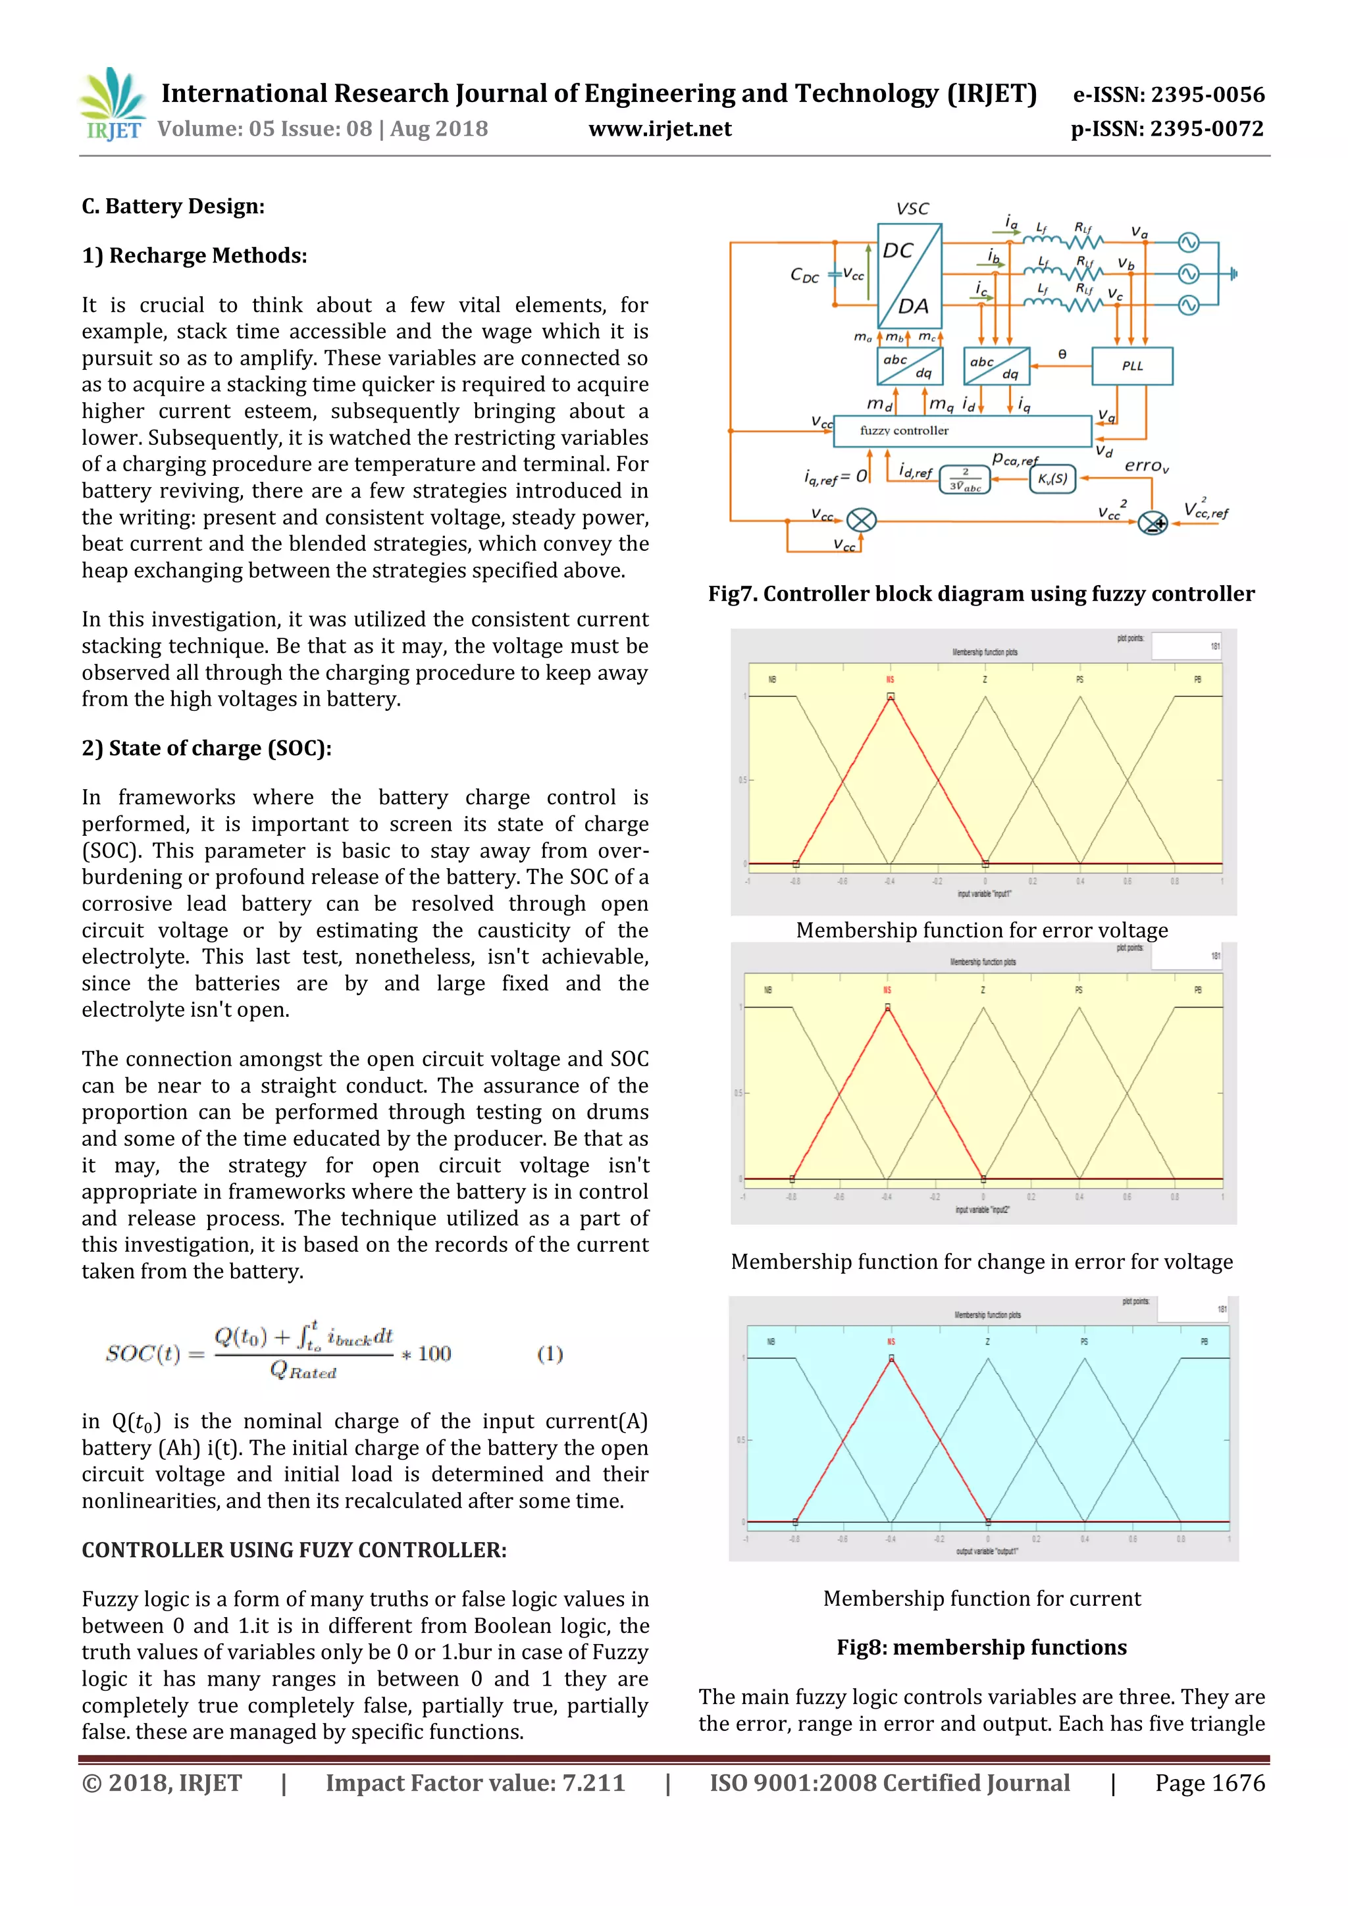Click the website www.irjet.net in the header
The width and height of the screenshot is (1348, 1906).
tap(660, 129)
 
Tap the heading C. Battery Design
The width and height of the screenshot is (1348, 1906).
tap(172, 206)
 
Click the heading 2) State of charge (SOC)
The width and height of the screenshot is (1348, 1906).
tap(206, 748)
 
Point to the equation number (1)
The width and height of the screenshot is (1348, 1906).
tap(550, 1354)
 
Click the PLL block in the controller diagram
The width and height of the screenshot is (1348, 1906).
tap(1131, 366)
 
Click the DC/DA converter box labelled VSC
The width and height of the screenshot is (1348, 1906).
tap(909, 276)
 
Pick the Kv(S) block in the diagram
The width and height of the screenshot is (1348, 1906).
tap(1052, 479)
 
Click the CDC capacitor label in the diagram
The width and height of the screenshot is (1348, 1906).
tap(804, 274)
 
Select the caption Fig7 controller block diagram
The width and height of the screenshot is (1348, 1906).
tap(980, 594)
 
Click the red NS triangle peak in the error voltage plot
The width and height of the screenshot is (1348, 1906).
tap(891, 696)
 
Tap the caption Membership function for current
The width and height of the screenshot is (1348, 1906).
tap(981, 1598)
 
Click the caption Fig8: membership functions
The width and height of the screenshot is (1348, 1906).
tap(981, 1647)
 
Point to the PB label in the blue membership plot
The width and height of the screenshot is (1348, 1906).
tap(1204, 1341)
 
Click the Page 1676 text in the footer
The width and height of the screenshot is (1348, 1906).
tap(1209, 1783)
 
